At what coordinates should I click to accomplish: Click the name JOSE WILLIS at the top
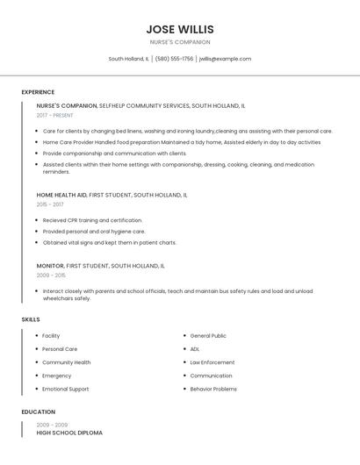(180, 29)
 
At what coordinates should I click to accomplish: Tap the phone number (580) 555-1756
(175, 59)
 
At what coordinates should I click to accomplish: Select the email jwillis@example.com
(225, 59)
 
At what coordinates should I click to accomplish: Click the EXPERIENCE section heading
(38, 92)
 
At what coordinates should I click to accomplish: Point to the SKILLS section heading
(31, 319)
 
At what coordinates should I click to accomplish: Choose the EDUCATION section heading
(39, 411)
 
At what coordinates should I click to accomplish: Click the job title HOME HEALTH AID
(61, 195)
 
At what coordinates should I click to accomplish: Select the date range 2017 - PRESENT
(55, 115)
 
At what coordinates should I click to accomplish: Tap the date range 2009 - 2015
(51, 275)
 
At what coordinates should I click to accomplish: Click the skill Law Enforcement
(212, 362)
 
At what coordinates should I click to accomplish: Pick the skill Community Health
(66, 362)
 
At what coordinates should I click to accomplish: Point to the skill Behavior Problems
(213, 389)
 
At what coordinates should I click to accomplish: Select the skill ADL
(195, 349)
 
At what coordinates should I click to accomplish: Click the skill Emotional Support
(65, 389)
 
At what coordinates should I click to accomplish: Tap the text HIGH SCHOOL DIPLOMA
(69, 433)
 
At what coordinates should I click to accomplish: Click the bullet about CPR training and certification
(92, 220)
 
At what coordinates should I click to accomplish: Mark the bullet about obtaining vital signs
(109, 242)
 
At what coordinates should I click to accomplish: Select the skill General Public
(208, 336)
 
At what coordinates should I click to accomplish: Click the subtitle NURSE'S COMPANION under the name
(180, 42)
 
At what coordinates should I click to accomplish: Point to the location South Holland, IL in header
(128, 59)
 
